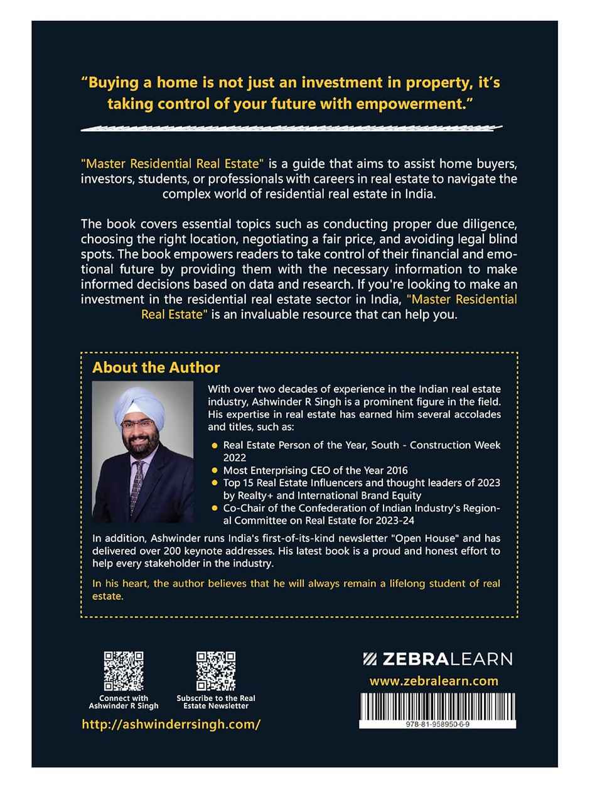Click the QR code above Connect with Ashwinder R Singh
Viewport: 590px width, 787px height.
(123, 671)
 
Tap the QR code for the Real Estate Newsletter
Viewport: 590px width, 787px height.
(216, 671)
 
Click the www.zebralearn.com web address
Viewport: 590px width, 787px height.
(434, 680)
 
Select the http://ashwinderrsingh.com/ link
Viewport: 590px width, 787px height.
(171, 724)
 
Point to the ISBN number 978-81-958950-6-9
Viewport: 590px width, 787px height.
(438, 724)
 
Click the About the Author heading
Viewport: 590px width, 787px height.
(156, 367)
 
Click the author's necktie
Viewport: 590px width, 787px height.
(137, 484)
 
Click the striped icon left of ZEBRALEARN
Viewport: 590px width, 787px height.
(370, 659)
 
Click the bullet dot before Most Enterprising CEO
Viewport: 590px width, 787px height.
(215, 469)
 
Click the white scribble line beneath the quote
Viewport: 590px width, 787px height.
(292, 128)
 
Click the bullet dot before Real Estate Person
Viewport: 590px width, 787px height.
(215, 445)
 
